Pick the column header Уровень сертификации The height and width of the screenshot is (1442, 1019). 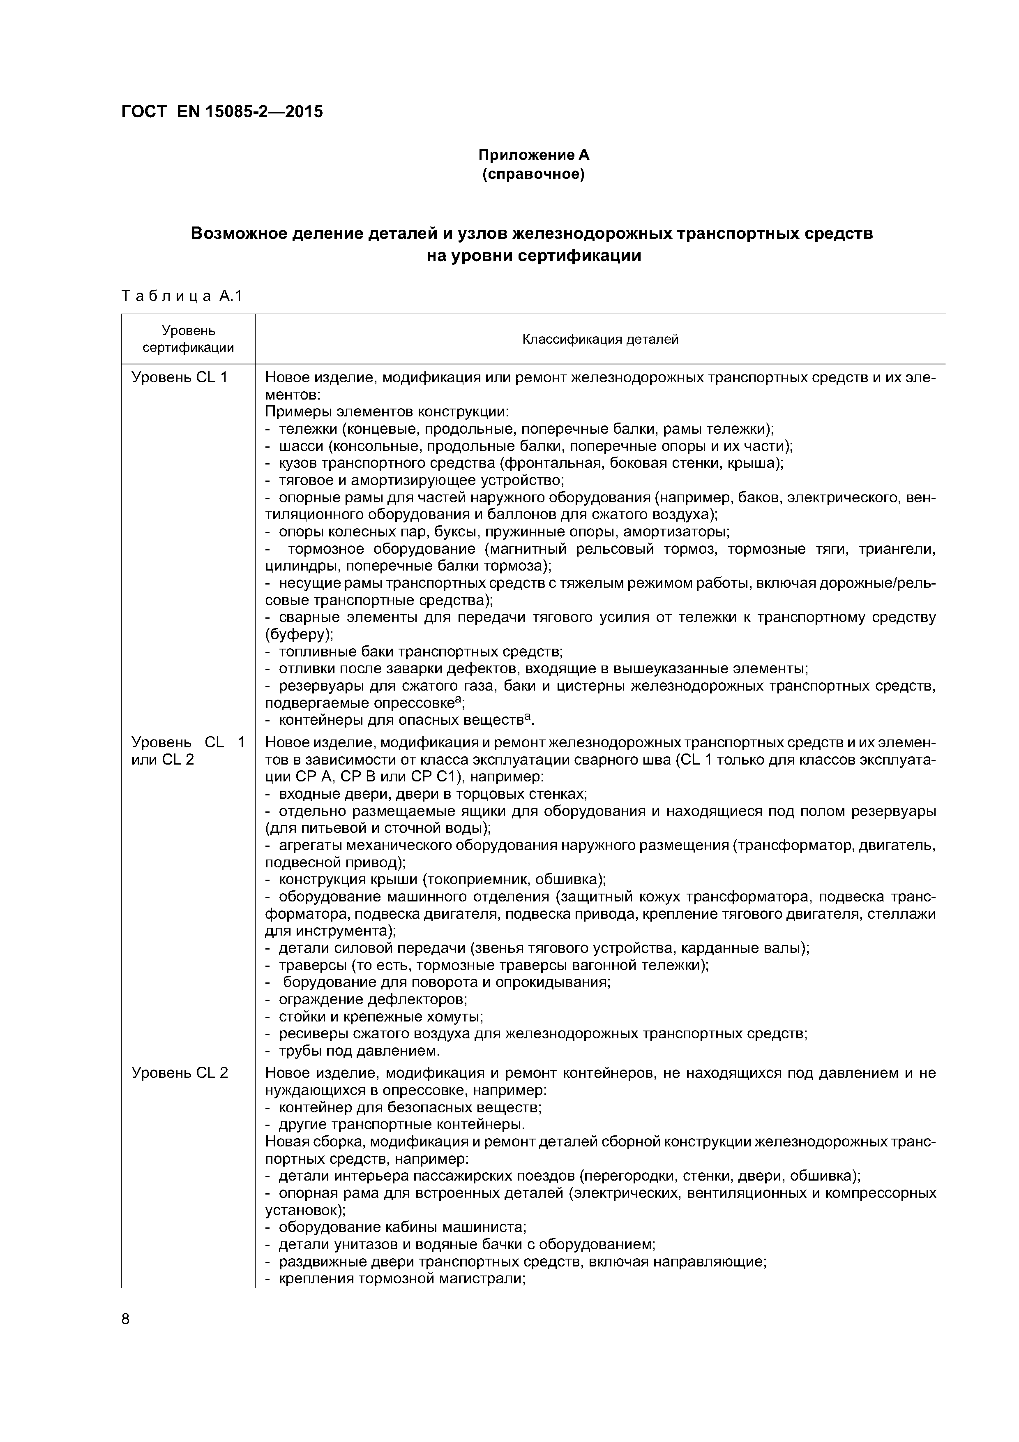[x=188, y=339]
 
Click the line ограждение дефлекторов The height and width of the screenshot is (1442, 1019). [x=372, y=998]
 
